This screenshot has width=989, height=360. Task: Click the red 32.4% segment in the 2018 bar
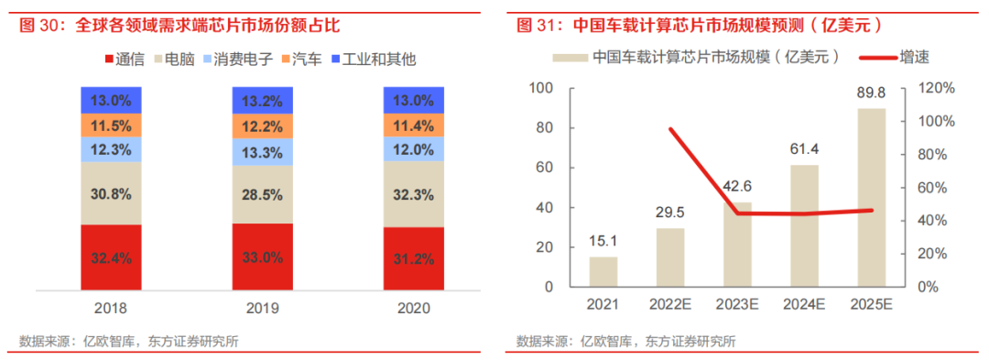pos(111,259)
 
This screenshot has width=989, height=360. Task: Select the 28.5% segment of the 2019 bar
pos(263,194)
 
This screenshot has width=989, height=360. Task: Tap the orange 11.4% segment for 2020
pos(413,125)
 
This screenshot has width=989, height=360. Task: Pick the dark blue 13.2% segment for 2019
pos(263,100)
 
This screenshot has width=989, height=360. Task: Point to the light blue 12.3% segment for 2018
pos(111,149)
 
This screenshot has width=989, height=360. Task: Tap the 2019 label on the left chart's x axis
pos(263,309)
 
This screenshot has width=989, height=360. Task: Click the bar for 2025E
pos(873,197)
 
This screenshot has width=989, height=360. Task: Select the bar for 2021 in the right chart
pos(603,271)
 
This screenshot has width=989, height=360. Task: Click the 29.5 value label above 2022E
pos(670,213)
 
